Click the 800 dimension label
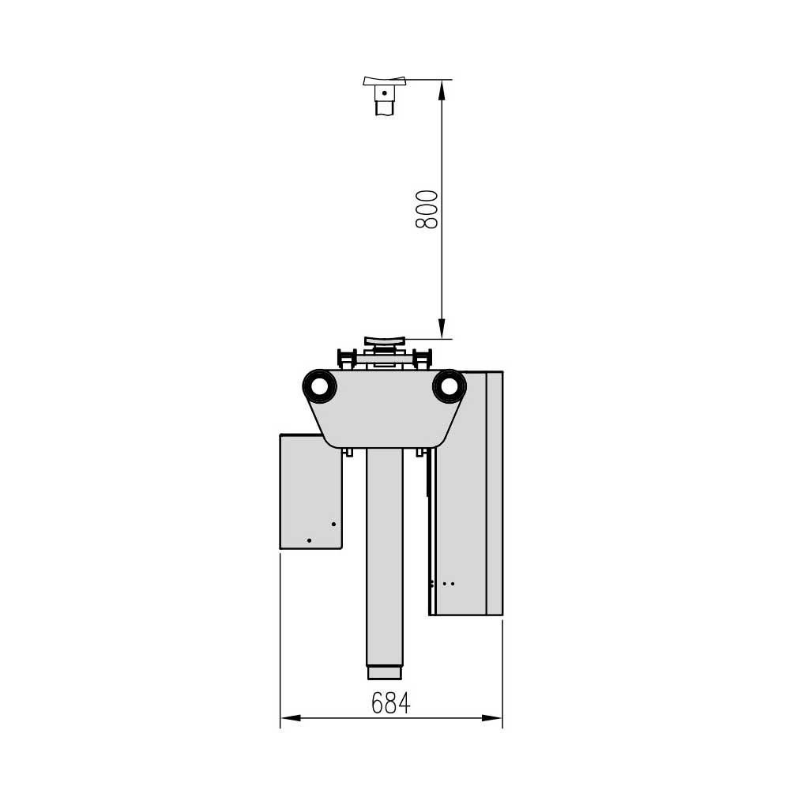tap(427, 209)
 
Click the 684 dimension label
tap(391, 703)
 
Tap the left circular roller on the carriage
tap(319, 386)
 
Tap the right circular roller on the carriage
tap(449, 386)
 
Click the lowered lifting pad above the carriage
tap(385, 340)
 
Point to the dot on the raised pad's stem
tap(385, 92)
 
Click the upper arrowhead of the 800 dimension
tap(442, 89)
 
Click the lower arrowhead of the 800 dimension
tap(442, 329)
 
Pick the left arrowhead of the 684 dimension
tap(290, 718)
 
